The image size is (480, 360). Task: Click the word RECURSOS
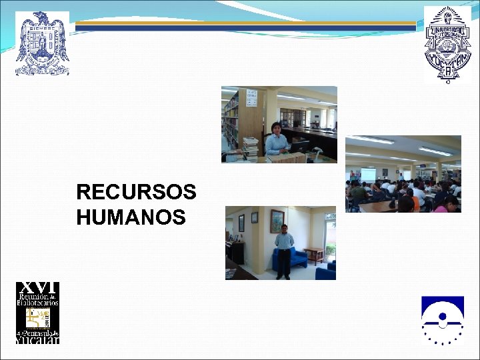coord(136,193)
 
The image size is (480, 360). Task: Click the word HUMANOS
coord(131,217)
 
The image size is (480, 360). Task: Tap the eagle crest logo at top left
coord(42,43)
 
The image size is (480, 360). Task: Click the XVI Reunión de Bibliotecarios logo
coord(37,313)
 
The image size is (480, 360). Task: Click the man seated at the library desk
coord(276,139)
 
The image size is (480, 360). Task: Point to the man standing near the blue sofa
coord(285,250)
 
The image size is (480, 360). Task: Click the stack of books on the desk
coord(250,145)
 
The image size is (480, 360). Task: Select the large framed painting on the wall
coord(277,221)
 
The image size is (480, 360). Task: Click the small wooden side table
coord(313,255)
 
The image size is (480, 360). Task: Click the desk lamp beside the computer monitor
coord(316,151)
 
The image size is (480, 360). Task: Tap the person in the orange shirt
coord(415,201)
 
